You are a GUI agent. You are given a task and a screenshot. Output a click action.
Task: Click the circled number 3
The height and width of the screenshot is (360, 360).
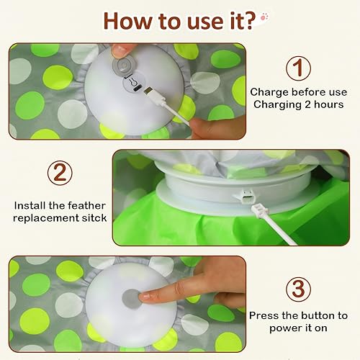click(x=298, y=289)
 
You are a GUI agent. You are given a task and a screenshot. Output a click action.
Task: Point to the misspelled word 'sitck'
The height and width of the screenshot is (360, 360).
click(x=94, y=217)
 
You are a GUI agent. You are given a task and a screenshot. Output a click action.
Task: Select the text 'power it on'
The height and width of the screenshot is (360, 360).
click(x=298, y=328)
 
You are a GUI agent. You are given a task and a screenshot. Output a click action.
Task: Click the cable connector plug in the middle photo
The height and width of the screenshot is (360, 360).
click(x=254, y=208)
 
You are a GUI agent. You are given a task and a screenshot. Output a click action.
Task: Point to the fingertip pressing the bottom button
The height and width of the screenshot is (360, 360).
click(x=147, y=295)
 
